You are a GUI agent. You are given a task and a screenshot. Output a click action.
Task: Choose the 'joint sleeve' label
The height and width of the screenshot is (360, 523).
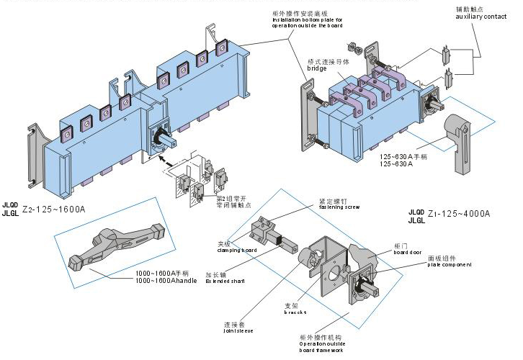click(238, 332)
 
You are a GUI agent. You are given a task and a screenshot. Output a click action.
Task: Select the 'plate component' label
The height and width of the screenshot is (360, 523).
click(450, 264)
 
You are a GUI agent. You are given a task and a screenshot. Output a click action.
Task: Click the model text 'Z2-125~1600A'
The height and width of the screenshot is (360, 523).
click(55, 209)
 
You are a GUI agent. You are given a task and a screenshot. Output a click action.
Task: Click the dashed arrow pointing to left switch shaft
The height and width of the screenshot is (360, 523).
click(170, 158)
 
